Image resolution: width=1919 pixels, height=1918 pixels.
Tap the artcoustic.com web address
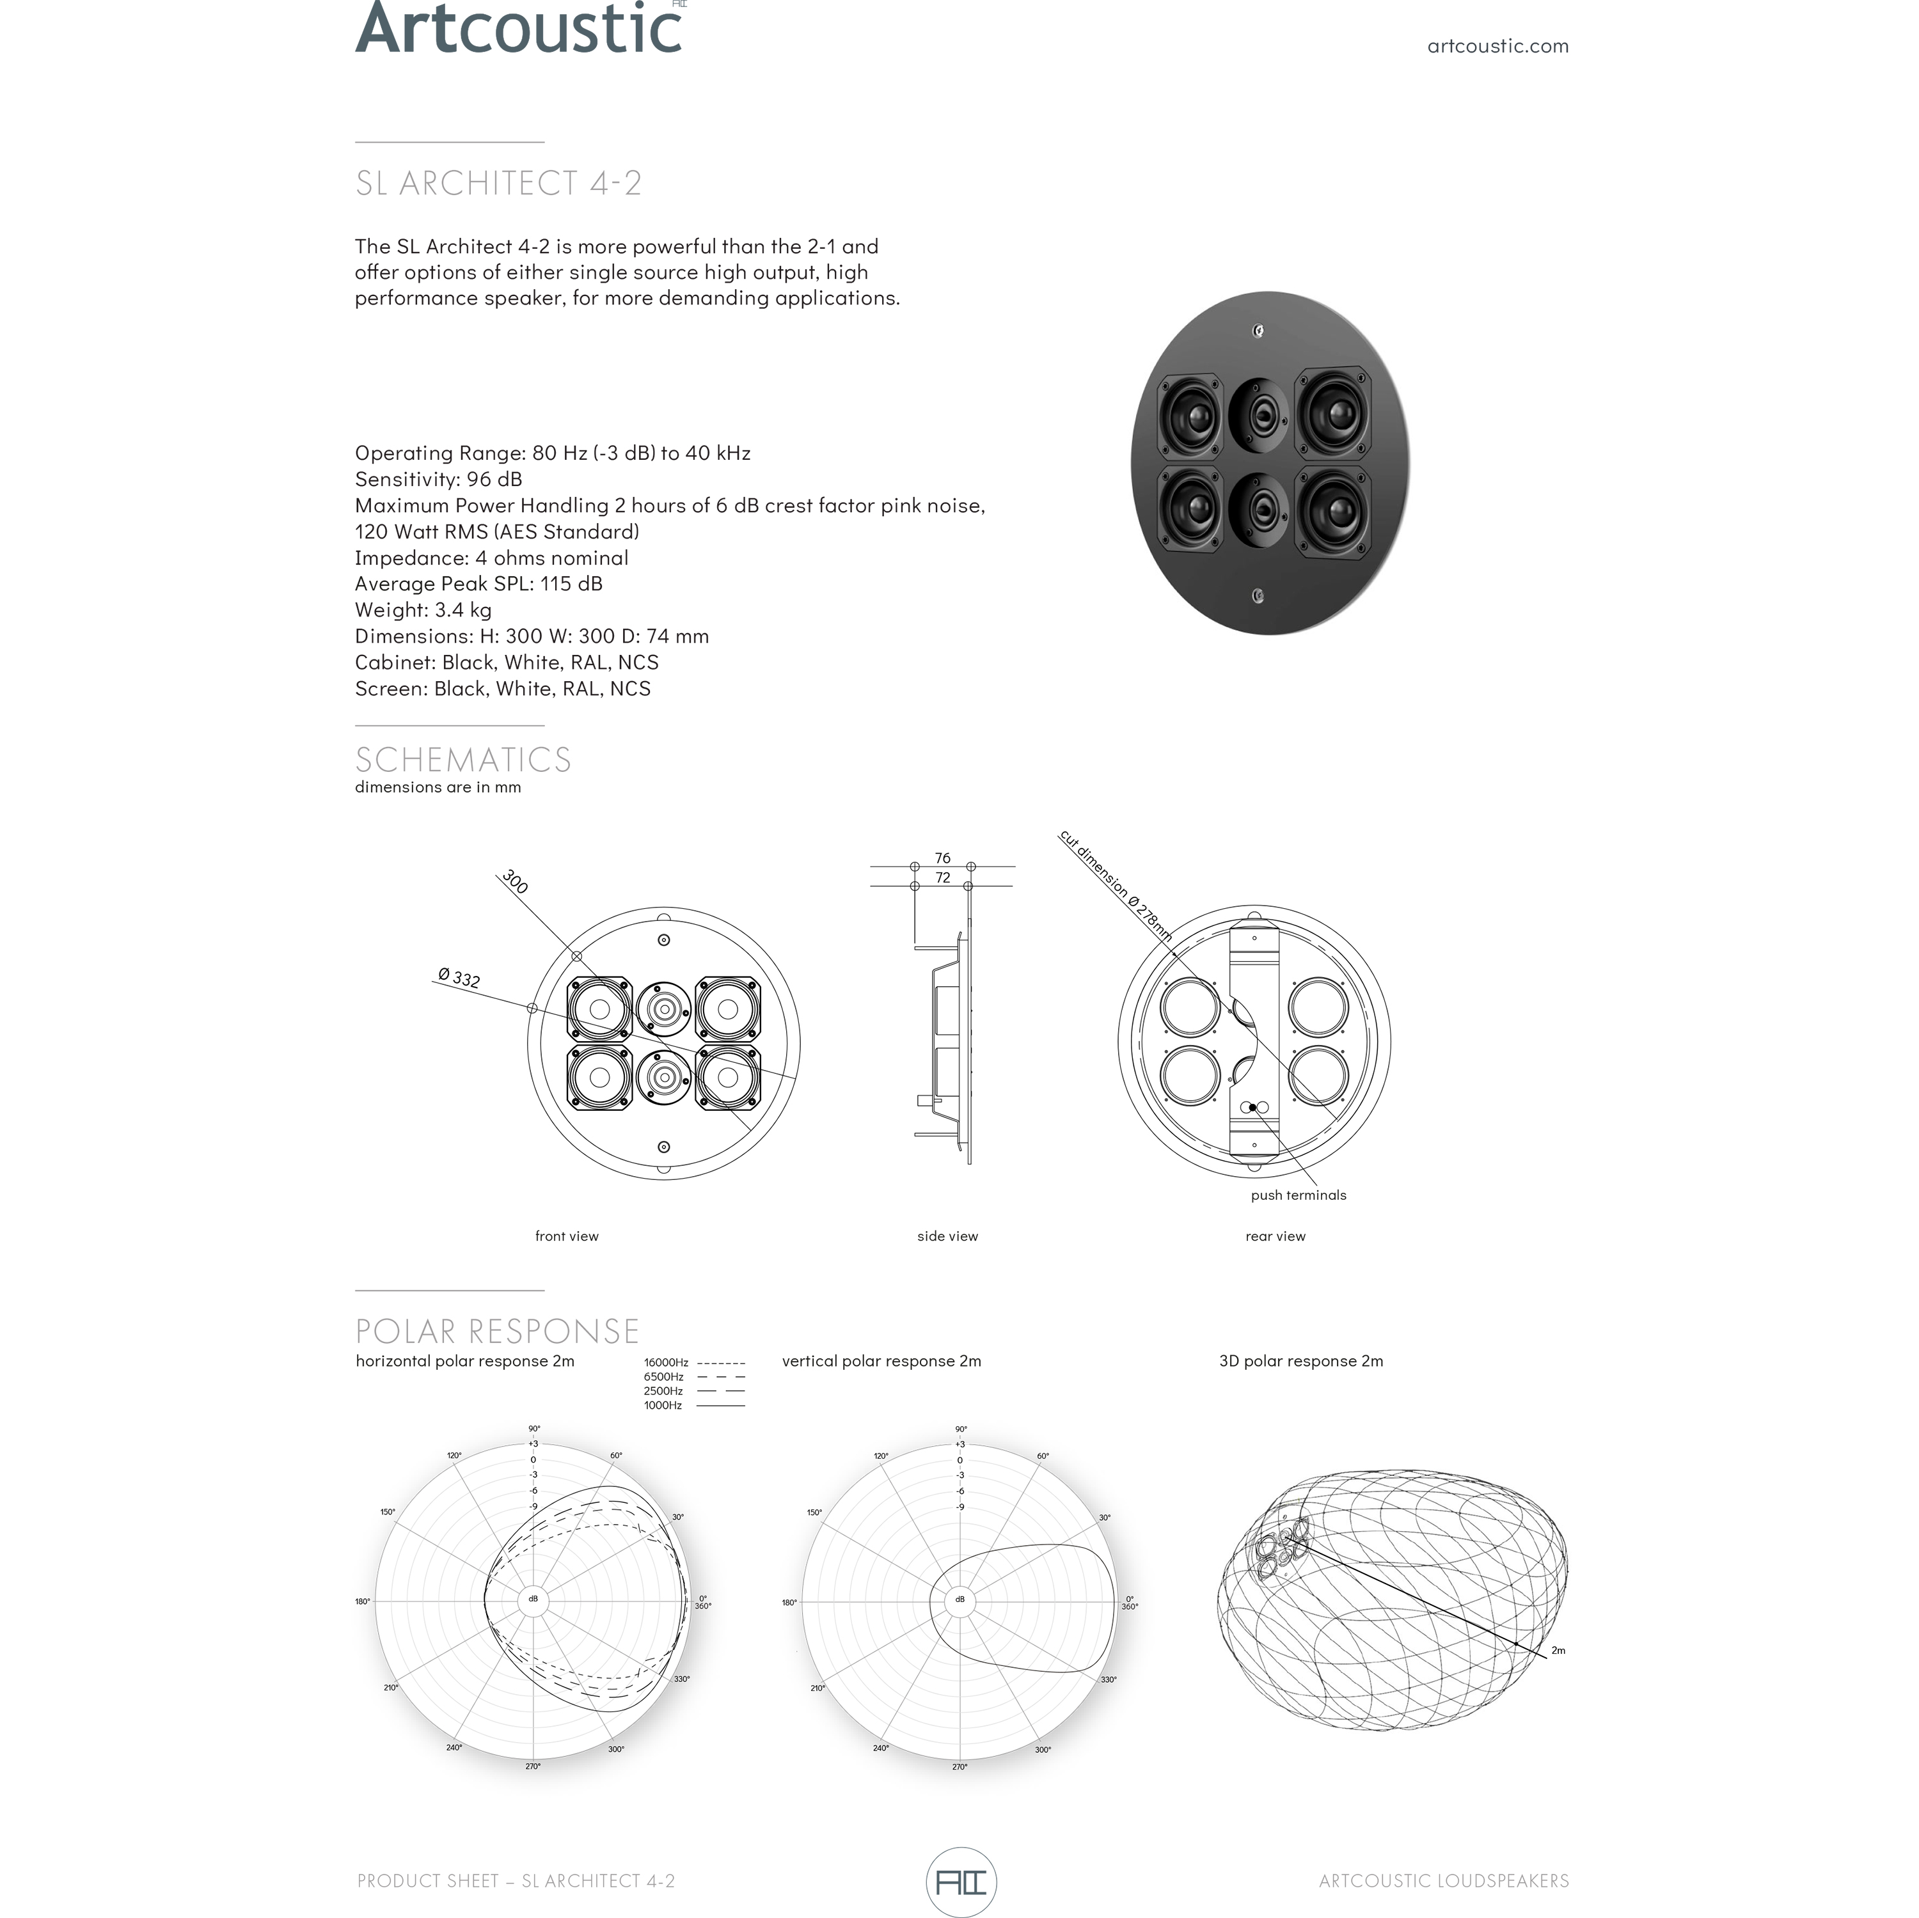[x=1497, y=45]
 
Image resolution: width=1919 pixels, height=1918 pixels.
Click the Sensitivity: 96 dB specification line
[x=438, y=479]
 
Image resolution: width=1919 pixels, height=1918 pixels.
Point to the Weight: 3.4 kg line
[x=423, y=610]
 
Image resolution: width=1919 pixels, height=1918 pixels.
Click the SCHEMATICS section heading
[x=463, y=760]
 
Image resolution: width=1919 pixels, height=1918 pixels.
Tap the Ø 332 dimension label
[x=459, y=979]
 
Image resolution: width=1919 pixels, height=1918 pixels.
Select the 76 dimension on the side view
[x=942, y=857]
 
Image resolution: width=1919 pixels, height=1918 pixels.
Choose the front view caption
[x=566, y=1236]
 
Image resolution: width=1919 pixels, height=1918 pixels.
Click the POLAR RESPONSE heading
[x=496, y=1331]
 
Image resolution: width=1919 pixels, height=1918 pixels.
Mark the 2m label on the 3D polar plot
[x=1558, y=1651]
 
